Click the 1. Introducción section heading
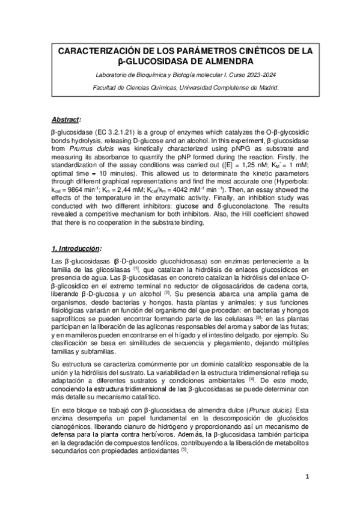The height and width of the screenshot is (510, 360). tap(76, 248)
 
